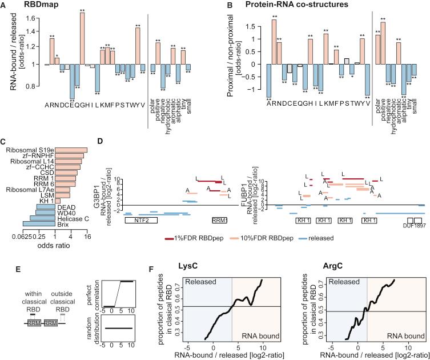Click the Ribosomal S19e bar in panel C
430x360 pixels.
(x=71, y=150)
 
